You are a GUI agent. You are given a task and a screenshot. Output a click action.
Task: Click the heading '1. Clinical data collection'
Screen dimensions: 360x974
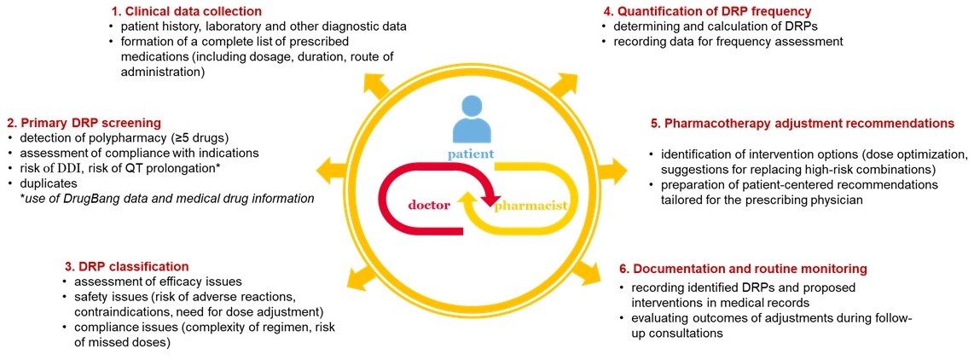click(186, 11)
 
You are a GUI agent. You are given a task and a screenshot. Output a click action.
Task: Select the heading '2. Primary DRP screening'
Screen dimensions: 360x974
click(82, 123)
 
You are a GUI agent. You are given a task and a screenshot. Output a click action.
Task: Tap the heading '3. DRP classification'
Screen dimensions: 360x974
click(126, 266)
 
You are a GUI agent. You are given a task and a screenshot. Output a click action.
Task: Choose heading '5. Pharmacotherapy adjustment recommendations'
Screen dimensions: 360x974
click(802, 123)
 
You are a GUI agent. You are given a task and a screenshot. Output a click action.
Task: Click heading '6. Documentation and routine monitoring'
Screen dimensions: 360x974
click(754, 268)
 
